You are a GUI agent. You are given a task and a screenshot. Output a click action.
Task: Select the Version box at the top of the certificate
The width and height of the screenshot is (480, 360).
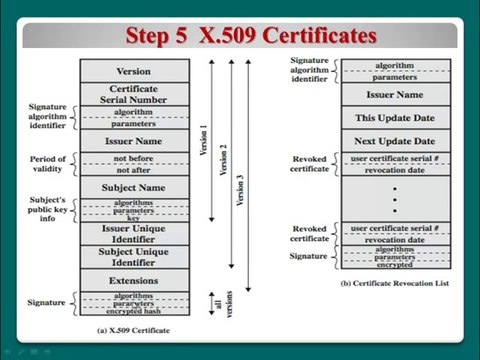click(x=133, y=72)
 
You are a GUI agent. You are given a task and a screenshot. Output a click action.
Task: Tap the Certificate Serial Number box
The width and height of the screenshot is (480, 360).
click(x=133, y=94)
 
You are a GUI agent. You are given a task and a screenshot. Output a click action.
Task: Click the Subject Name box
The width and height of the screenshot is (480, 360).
click(x=133, y=187)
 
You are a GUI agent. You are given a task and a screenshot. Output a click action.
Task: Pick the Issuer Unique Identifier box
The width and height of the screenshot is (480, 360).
click(x=133, y=232)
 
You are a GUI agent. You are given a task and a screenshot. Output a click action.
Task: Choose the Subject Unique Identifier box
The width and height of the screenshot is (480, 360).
click(x=133, y=256)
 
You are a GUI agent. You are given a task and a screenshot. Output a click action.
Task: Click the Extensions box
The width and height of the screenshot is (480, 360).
click(x=133, y=280)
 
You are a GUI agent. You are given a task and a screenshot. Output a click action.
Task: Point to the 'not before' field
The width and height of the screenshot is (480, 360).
click(x=133, y=159)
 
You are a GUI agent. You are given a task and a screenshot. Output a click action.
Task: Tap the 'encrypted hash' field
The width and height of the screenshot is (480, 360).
click(x=133, y=311)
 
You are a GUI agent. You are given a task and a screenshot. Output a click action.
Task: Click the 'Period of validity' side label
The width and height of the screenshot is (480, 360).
click(x=48, y=164)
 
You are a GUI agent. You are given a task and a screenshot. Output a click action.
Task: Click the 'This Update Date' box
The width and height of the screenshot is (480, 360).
click(x=396, y=117)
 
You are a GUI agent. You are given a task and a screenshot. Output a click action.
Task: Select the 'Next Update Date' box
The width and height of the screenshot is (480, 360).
click(x=396, y=141)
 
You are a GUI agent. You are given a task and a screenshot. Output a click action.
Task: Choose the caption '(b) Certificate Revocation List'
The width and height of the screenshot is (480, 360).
click(x=393, y=284)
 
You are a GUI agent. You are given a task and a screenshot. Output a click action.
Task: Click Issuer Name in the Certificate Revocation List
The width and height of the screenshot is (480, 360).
click(x=396, y=93)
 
